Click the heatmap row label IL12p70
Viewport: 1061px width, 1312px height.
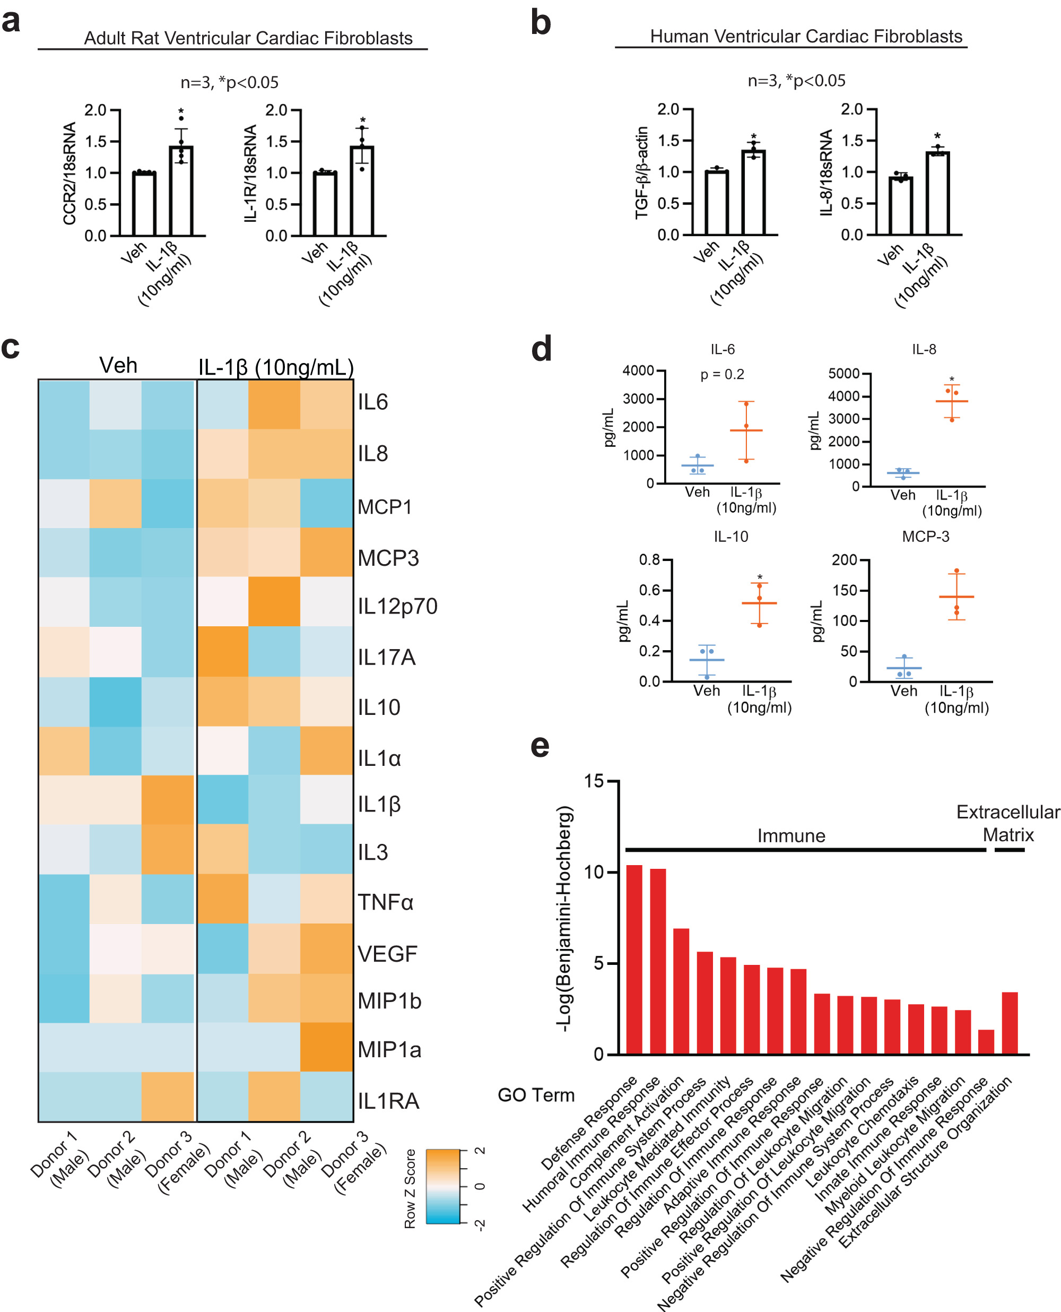click(397, 606)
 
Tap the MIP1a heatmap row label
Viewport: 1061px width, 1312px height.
click(389, 1049)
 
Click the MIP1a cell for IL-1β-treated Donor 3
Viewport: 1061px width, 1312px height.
click(326, 1047)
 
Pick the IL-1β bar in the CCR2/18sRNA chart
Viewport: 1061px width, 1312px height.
click(181, 191)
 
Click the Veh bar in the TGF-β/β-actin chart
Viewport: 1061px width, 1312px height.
click(716, 202)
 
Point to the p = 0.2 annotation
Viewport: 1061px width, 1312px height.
click(722, 374)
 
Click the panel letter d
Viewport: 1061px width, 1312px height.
click(541, 349)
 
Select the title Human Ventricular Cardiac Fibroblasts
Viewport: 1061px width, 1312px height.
click(805, 36)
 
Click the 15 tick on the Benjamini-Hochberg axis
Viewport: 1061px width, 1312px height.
click(593, 781)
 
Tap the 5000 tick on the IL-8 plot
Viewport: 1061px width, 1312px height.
click(843, 374)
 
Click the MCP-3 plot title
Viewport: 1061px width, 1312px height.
click(925, 536)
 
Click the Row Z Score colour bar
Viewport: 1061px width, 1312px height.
click(442, 1186)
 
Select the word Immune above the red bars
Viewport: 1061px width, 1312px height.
click(791, 835)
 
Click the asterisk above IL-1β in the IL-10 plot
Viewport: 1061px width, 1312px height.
click(760, 576)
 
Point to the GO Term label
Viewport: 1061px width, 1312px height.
click(536, 1094)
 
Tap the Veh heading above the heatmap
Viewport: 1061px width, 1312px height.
click(118, 366)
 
